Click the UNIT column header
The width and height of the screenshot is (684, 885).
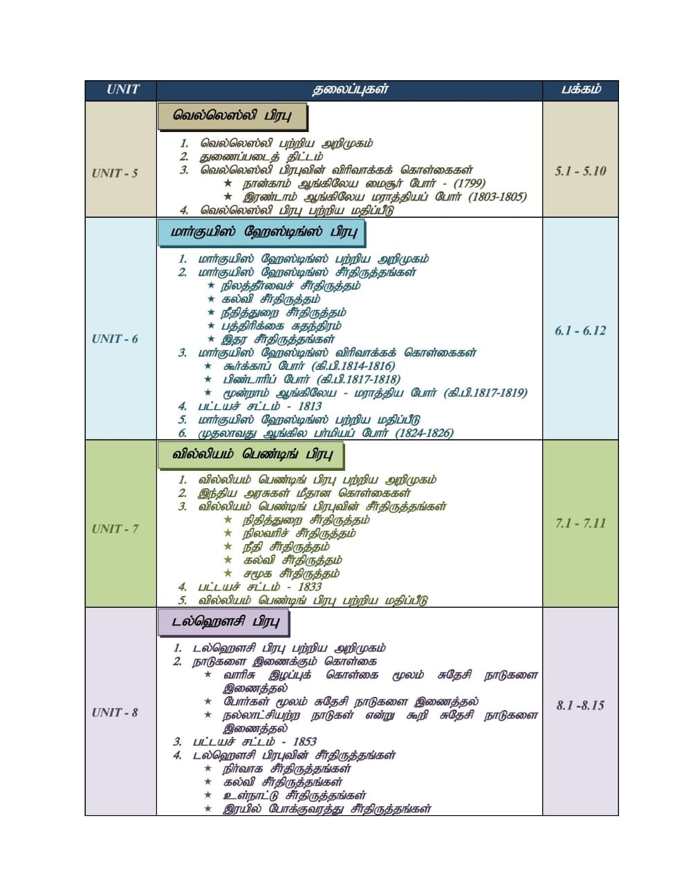(x=122, y=89)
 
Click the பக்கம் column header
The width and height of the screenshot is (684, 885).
(x=580, y=89)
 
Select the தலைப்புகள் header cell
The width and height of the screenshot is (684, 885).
(x=350, y=89)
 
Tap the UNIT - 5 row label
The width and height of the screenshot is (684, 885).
(x=115, y=173)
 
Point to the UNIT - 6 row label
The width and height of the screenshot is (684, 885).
(x=115, y=339)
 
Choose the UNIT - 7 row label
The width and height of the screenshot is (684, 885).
(x=115, y=529)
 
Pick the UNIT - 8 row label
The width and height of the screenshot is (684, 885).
(x=115, y=712)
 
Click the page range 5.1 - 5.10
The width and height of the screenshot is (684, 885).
(x=580, y=171)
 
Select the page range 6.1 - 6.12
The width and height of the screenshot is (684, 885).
(x=580, y=330)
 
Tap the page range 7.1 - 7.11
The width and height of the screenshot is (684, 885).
(x=580, y=523)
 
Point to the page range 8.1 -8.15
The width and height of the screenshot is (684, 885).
(x=580, y=705)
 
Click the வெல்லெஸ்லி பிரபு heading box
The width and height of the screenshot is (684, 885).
(x=231, y=115)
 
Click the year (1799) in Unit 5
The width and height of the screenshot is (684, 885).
(x=468, y=183)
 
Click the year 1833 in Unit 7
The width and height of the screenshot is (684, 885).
(x=310, y=587)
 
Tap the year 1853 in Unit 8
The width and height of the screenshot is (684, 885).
(x=304, y=742)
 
